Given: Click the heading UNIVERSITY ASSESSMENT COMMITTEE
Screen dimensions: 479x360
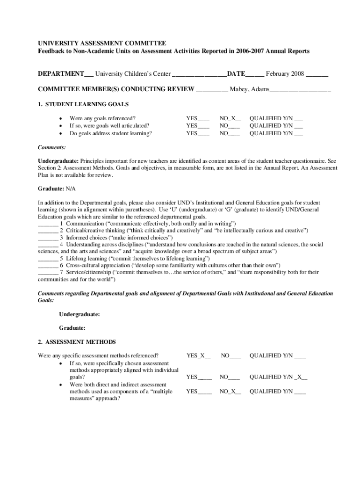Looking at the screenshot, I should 101,43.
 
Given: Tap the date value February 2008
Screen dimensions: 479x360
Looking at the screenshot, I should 285,74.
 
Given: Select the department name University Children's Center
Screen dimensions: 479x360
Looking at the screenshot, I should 133,74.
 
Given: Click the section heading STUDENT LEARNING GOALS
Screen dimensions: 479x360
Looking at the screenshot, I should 87,104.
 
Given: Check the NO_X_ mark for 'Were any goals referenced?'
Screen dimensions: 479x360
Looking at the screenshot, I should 230,118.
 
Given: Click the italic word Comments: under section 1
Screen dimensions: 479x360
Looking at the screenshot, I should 51,147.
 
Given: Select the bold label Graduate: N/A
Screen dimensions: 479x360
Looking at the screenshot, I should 56,189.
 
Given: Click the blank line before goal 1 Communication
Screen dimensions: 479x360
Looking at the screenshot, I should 48,224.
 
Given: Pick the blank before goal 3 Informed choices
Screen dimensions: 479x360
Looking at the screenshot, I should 48,237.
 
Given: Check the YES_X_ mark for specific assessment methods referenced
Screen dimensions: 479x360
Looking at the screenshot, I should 199,356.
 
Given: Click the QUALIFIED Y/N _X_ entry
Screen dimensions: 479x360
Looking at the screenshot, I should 278,377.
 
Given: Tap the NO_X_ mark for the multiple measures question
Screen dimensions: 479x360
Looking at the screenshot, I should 230,392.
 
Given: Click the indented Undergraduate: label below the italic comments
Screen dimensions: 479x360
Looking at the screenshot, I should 79,314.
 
